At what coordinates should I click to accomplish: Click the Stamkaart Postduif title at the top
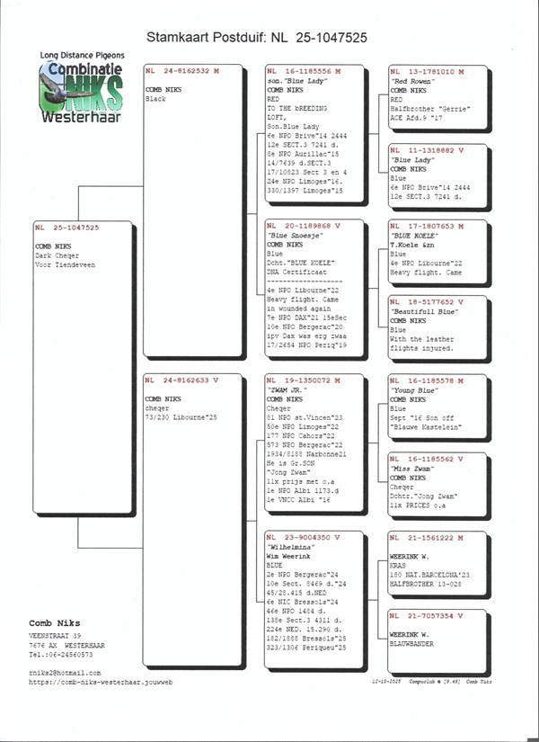tap(256, 38)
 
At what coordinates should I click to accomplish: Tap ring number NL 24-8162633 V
tap(181, 380)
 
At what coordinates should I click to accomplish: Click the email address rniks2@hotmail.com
tap(64, 698)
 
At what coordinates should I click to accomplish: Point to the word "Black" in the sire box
tap(155, 99)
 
